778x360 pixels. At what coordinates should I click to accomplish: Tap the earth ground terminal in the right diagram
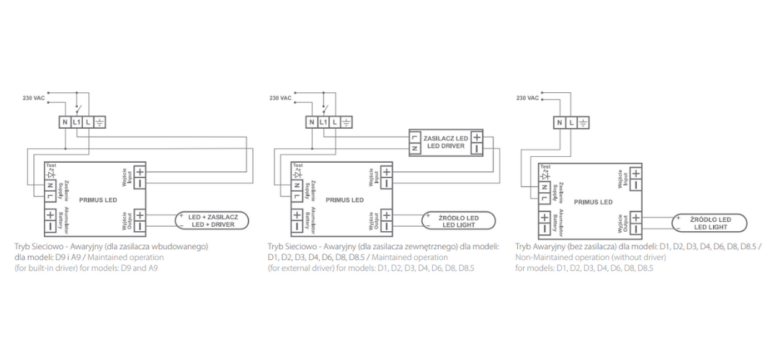pyautogui.click(x=583, y=122)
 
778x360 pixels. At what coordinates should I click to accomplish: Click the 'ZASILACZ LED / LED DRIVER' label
pyautogui.click(x=445, y=141)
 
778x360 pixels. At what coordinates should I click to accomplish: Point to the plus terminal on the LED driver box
pyautogui.click(x=476, y=137)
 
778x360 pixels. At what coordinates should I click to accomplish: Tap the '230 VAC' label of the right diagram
pyautogui.click(x=528, y=98)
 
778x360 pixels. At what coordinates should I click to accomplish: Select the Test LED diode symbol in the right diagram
pyautogui.click(x=545, y=175)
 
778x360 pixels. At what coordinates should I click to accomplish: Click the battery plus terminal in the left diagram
pyautogui.click(x=50, y=215)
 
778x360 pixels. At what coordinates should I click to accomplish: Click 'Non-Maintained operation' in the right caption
pyautogui.click(x=562, y=257)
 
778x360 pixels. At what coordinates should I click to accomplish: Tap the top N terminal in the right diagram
pyautogui.click(x=560, y=122)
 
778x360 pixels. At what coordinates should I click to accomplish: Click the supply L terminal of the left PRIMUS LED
pyautogui.click(x=50, y=196)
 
